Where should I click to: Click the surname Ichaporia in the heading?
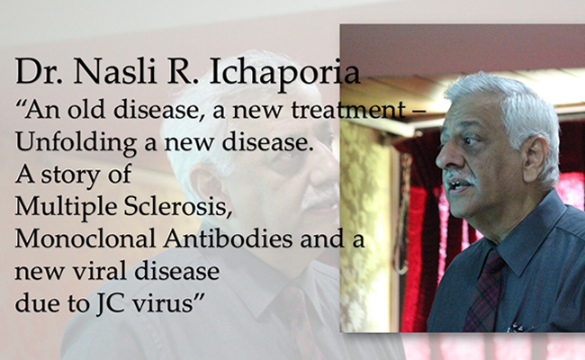[285, 72]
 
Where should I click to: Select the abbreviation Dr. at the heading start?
[40, 71]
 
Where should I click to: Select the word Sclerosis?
[178, 206]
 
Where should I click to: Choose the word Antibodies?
[228, 238]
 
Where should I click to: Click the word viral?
[99, 271]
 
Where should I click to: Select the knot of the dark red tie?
[493, 262]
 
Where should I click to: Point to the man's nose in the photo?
[443, 157]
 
